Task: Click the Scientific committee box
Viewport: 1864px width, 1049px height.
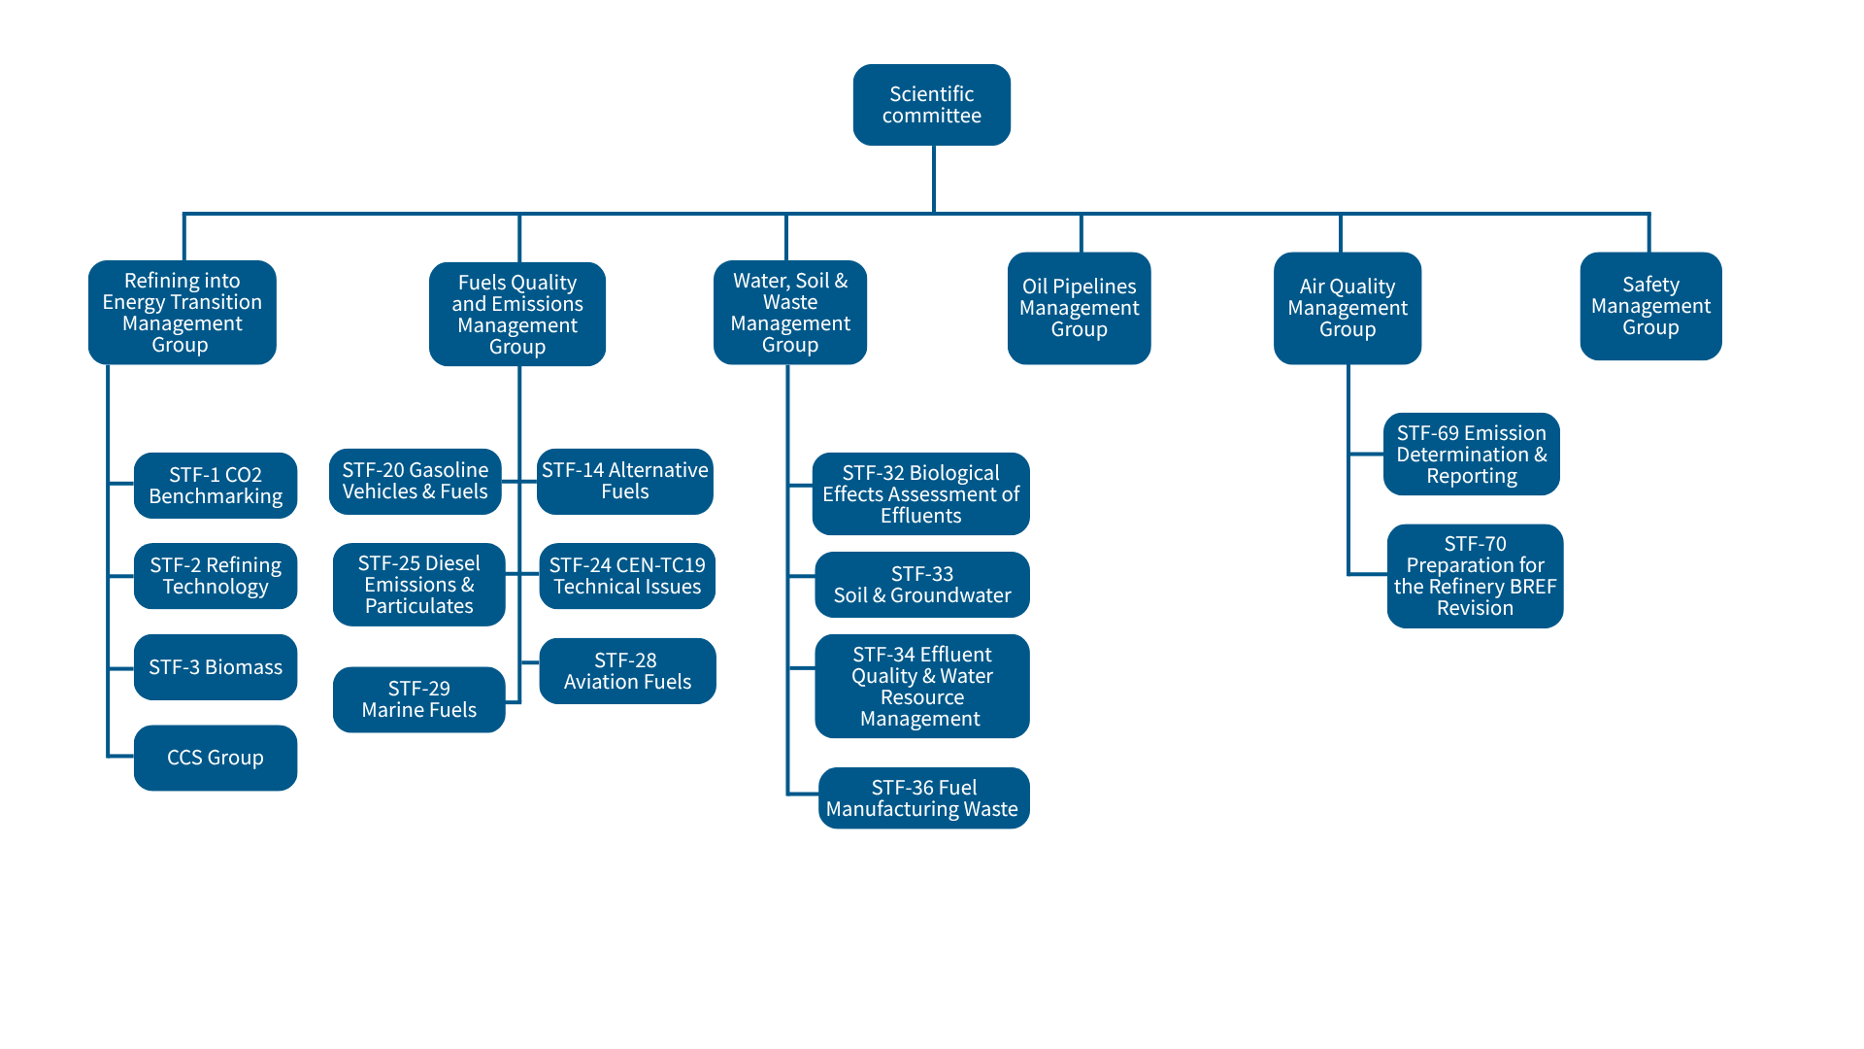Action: click(931, 105)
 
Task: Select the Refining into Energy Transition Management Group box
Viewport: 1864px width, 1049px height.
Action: click(182, 313)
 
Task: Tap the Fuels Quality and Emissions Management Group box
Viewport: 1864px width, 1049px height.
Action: click(517, 314)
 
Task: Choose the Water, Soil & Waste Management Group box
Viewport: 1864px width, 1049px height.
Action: click(790, 313)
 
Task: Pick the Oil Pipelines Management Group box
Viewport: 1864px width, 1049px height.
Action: click(1079, 308)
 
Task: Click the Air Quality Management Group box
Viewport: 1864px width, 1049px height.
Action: click(1348, 308)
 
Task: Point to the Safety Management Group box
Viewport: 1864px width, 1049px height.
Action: click(1650, 306)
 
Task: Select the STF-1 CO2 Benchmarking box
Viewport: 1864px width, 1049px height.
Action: click(216, 485)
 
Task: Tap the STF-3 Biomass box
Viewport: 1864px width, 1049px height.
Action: click(216, 667)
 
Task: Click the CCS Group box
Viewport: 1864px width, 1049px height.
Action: click(216, 758)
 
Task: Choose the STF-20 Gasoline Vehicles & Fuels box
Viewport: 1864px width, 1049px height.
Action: click(415, 481)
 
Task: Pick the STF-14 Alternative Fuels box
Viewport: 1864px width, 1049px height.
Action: click(625, 481)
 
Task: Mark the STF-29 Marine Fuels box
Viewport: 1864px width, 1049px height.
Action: click(418, 699)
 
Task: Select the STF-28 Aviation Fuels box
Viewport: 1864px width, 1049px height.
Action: click(627, 671)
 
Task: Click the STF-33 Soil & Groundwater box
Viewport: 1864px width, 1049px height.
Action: click(922, 585)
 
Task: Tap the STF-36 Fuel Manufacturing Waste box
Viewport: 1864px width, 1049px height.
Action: click(923, 798)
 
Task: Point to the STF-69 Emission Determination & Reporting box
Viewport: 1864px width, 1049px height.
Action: click(1472, 455)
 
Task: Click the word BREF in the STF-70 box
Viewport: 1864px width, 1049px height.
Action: click(1533, 587)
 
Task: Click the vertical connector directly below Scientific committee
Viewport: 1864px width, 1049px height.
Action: click(933, 179)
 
